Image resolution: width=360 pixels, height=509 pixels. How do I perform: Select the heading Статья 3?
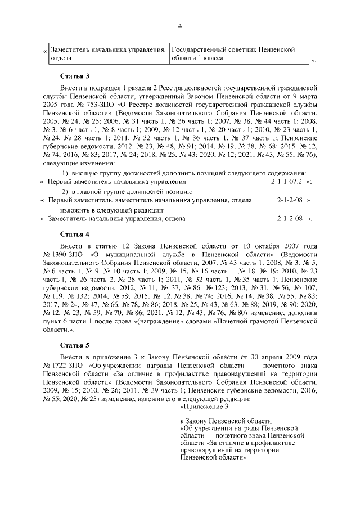(75, 76)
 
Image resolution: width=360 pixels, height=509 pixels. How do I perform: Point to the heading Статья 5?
(75, 344)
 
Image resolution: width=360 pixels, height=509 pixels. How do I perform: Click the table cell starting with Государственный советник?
(233, 54)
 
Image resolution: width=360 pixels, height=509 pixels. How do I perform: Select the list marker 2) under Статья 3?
(65, 191)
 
